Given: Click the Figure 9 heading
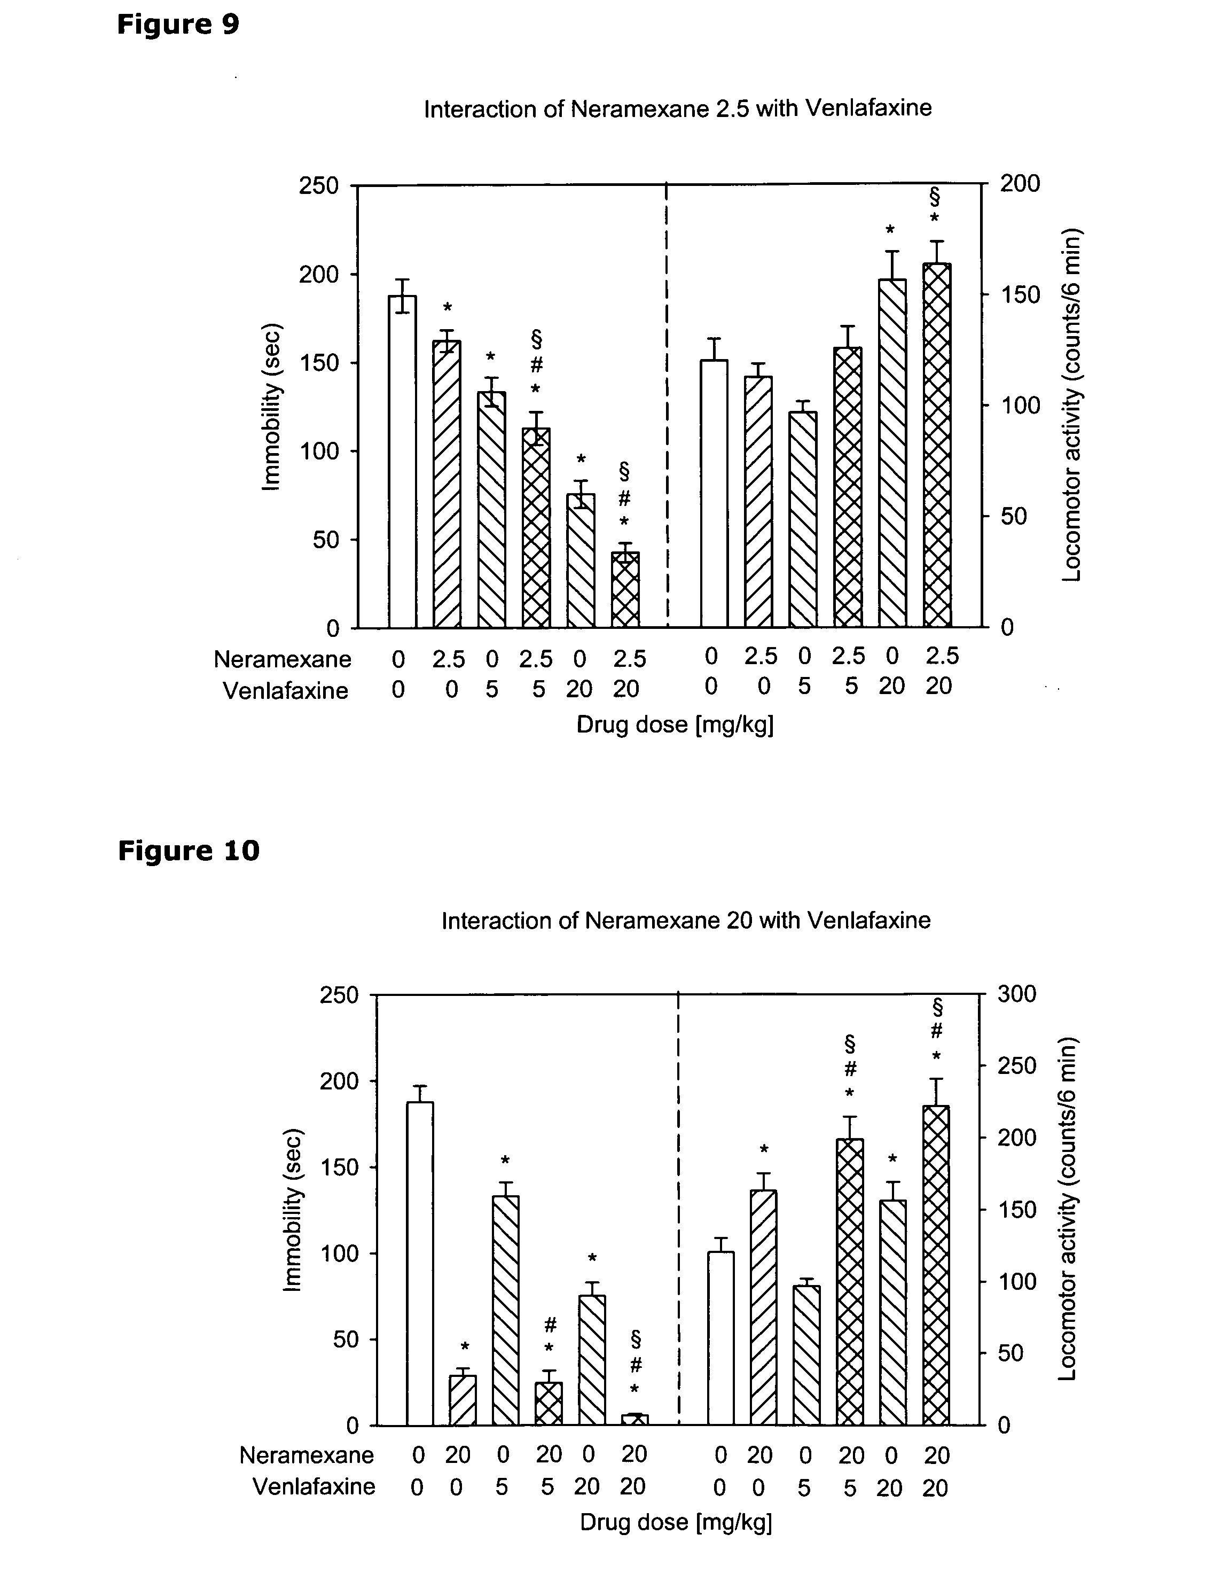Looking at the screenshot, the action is (x=178, y=25).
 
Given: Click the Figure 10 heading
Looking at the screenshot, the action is (x=188, y=851).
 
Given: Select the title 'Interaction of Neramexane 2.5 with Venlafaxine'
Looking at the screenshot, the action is (x=678, y=109).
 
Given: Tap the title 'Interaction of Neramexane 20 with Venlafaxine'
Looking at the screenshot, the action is (x=686, y=921).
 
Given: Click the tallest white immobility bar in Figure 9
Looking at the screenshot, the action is (x=403, y=461).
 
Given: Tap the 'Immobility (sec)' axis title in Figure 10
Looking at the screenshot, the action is (x=292, y=1210).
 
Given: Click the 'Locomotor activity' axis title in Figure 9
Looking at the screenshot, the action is (x=1072, y=405).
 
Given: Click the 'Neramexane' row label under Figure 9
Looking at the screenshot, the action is (x=283, y=659).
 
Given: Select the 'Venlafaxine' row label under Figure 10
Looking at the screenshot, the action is (x=314, y=1486).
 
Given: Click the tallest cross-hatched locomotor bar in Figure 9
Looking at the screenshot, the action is (x=937, y=445).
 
